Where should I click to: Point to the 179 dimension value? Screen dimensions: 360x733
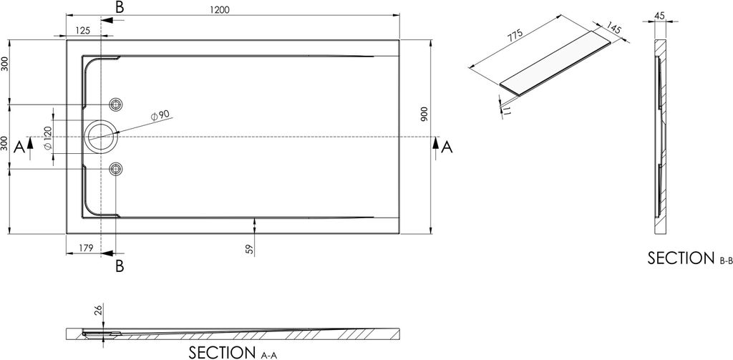87,248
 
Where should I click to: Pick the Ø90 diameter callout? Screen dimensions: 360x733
159,115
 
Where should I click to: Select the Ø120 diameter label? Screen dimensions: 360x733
47,137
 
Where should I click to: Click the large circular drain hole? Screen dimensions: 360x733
99,136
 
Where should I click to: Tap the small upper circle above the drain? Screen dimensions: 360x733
116,104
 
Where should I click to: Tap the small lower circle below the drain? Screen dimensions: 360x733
116,168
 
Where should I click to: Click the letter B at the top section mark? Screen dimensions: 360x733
120,8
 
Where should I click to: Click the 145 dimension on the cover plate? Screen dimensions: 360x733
613,31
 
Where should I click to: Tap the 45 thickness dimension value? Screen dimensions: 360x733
660,16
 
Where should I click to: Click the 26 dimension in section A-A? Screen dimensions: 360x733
98,310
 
